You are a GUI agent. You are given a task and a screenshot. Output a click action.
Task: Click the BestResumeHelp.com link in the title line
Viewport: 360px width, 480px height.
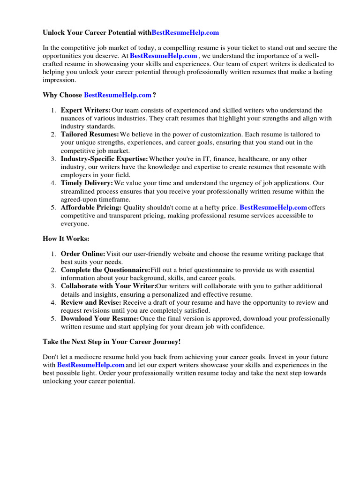pyautogui.click(x=185, y=33)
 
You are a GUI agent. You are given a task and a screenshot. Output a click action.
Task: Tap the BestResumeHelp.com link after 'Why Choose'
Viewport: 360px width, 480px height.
pyautogui.click(x=118, y=95)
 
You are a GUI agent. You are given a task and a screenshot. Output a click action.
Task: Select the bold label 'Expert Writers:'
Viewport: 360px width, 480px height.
pyautogui.click(x=85, y=110)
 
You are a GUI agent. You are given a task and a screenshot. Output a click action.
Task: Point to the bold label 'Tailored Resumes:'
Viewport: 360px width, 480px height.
pyautogui.click(x=90, y=135)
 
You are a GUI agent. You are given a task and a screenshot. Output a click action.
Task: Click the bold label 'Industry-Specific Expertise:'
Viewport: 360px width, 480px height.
pyautogui.click(x=105, y=159)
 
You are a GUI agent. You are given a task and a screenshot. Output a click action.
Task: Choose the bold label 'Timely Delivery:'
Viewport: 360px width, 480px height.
pyautogui.click(x=87, y=183)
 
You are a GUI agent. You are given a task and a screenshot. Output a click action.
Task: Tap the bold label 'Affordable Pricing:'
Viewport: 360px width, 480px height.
pyautogui.click(x=91, y=208)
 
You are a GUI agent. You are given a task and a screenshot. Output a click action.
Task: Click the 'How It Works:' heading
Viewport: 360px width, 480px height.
pyautogui.click(x=66, y=239)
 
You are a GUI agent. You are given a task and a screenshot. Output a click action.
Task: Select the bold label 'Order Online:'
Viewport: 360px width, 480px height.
pyautogui.click(x=83, y=254)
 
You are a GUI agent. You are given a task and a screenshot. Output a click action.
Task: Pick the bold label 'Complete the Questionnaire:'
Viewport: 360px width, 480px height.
pyautogui.click(x=105, y=270)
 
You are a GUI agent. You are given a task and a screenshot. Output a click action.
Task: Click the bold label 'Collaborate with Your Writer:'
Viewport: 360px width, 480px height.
pyautogui.click(x=108, y=286)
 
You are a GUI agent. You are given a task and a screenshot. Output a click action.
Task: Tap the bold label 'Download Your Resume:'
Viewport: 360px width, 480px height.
pyautogui.click(x=100, y=319)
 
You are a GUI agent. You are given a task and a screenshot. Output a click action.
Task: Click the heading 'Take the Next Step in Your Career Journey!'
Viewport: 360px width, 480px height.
pyautogui.click(x=112, y=342)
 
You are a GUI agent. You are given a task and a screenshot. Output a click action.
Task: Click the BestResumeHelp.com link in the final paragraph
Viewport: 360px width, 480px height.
pyautogui.click(x=91, y=365)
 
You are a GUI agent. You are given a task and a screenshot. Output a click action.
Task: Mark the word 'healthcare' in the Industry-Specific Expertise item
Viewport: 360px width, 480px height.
pyautogui.click(x=254, y=159)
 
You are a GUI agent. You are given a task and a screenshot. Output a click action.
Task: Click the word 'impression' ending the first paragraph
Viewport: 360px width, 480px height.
pyautogui.click(x=60, y=80)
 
